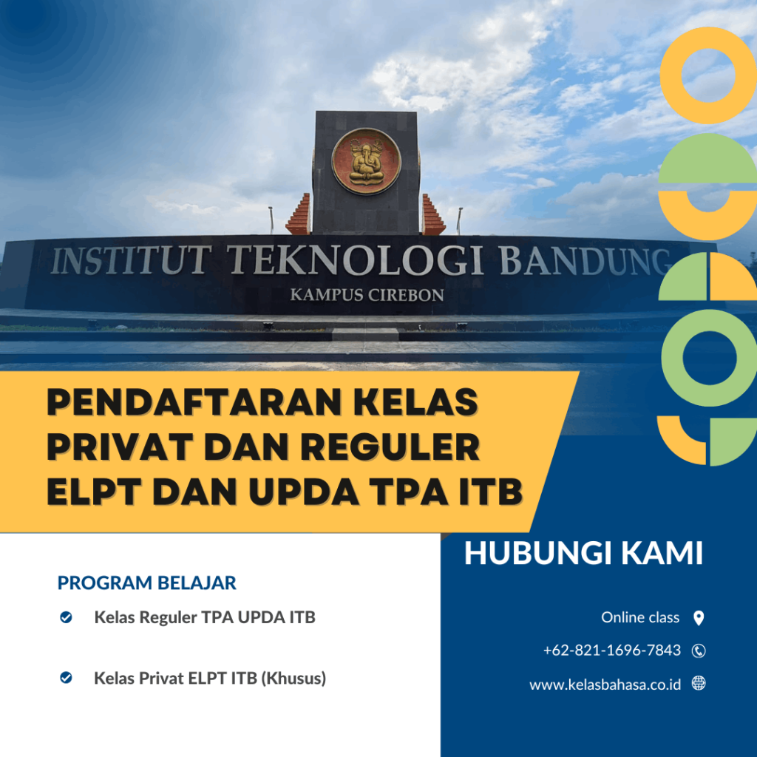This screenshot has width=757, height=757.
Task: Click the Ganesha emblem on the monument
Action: [366, 161]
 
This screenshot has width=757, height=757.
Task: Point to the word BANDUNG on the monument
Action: [584, 261]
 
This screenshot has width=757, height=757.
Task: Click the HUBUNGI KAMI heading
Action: [583, 554]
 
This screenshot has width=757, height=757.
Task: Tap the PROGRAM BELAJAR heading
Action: [147, 583]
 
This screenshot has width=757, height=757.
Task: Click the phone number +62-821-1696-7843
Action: [612, 651]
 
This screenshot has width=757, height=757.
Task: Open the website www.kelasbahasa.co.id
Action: [605, 685]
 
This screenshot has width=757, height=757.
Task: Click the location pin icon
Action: [699, 618]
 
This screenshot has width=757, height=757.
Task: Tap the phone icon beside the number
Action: [699, 651]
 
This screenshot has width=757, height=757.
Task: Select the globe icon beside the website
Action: [699, 684]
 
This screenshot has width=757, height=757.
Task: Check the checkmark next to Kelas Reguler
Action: [66, 617]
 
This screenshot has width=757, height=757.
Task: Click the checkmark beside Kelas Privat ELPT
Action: [66, 677]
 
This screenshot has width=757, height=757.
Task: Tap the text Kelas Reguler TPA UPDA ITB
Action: [205, 617]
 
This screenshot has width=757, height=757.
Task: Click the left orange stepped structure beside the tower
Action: [299, 216]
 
